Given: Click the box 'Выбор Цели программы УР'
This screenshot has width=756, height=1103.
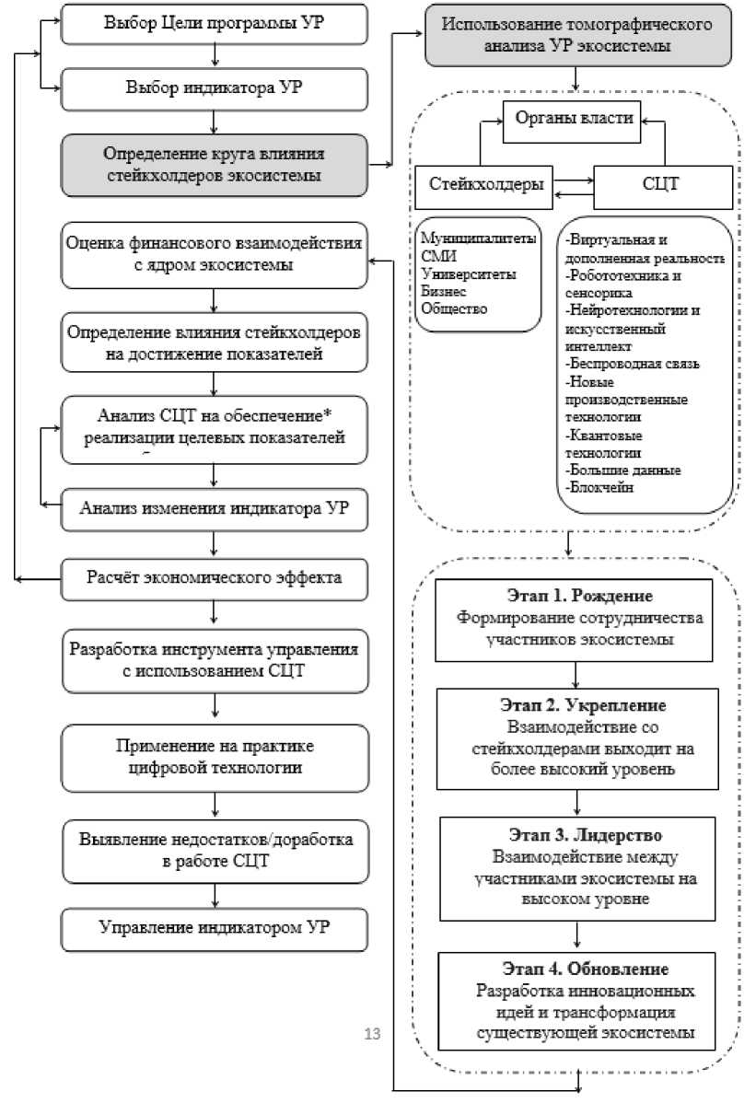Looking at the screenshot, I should pos(215,24).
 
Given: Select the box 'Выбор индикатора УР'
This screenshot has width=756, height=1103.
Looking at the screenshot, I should pos(215,88).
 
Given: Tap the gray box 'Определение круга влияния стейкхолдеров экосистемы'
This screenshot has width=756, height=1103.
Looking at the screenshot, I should pos(215,163).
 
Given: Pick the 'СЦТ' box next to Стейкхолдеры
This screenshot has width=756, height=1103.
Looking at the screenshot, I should pos(659,183).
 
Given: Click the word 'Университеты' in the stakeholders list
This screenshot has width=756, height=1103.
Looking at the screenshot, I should pos(468,274).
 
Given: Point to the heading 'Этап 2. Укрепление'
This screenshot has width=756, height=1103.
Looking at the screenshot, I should pos(574,705).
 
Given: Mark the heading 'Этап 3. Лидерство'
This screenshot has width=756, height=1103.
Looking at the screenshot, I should pos(575,836).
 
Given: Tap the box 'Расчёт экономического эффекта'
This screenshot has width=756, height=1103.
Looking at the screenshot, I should pos(215,578).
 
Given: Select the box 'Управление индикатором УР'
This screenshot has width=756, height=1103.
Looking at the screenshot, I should pos(215,929).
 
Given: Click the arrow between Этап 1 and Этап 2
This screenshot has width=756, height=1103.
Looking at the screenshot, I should pos(576,674).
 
